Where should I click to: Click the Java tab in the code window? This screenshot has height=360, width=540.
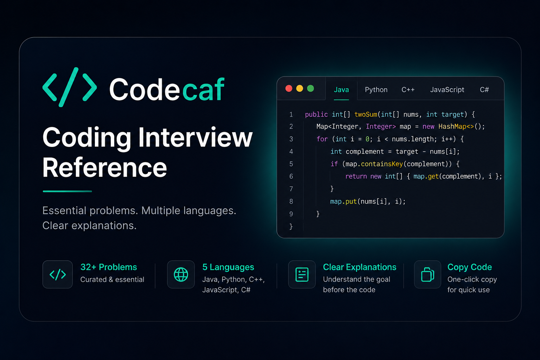[341, 90]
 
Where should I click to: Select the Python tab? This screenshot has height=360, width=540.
[376, 90]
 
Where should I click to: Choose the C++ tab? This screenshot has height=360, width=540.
[408, 90]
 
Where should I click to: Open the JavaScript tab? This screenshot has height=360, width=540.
[447, 90]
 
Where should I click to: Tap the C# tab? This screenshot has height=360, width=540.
[484, 90]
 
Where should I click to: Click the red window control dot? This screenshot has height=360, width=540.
[289, 89]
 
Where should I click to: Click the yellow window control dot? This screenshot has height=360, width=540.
[300, 89]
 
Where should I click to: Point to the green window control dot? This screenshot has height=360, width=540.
[310, 89]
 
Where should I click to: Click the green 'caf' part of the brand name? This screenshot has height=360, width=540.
[204, 89]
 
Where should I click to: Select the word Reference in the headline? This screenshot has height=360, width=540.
[105, 167]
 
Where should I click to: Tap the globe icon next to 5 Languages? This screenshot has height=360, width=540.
[181, 275]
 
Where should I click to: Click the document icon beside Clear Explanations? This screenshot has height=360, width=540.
[302, 275]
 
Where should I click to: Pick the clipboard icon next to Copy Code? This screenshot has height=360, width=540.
[427, 275]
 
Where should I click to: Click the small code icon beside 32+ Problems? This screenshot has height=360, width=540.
[58, 275]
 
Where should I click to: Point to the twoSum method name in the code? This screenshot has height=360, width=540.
[366, 114]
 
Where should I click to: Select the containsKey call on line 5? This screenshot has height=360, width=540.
[382, 164]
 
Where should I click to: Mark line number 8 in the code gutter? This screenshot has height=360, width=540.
[291, 201]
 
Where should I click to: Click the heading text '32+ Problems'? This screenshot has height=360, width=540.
[109, 267]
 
